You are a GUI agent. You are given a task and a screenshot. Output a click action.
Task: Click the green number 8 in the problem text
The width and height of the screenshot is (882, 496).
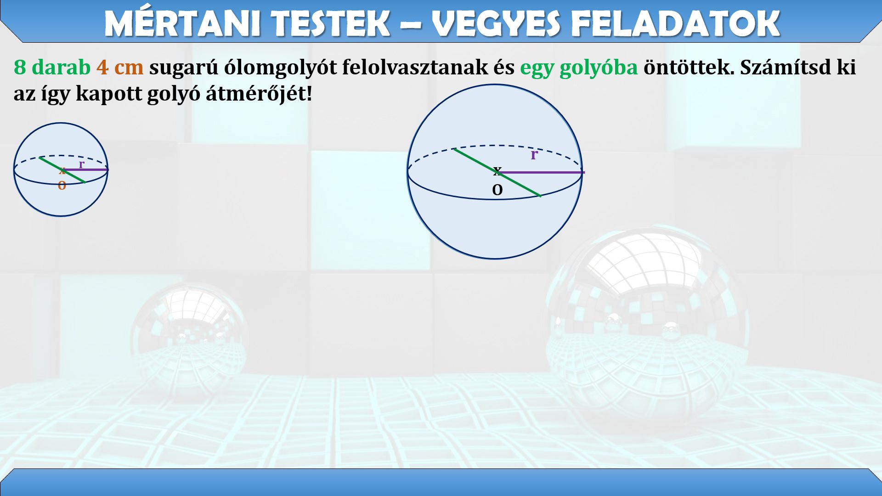(20, 67)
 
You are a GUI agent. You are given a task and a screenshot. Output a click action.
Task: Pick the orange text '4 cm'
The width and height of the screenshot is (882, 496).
(120, 67)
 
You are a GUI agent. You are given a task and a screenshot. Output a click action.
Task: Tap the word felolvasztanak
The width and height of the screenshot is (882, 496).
(428, 67)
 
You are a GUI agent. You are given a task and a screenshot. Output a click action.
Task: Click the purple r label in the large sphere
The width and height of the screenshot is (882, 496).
(534, 155)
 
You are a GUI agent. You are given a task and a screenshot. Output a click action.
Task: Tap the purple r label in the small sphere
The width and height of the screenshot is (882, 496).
(81, 164)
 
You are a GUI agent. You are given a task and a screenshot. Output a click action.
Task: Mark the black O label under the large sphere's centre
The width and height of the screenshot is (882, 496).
(497, 190)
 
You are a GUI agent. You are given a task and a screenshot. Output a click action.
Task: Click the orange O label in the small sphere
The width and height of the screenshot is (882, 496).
(62, 186)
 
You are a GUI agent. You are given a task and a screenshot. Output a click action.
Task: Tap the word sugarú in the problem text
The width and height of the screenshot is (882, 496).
(184, 67)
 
